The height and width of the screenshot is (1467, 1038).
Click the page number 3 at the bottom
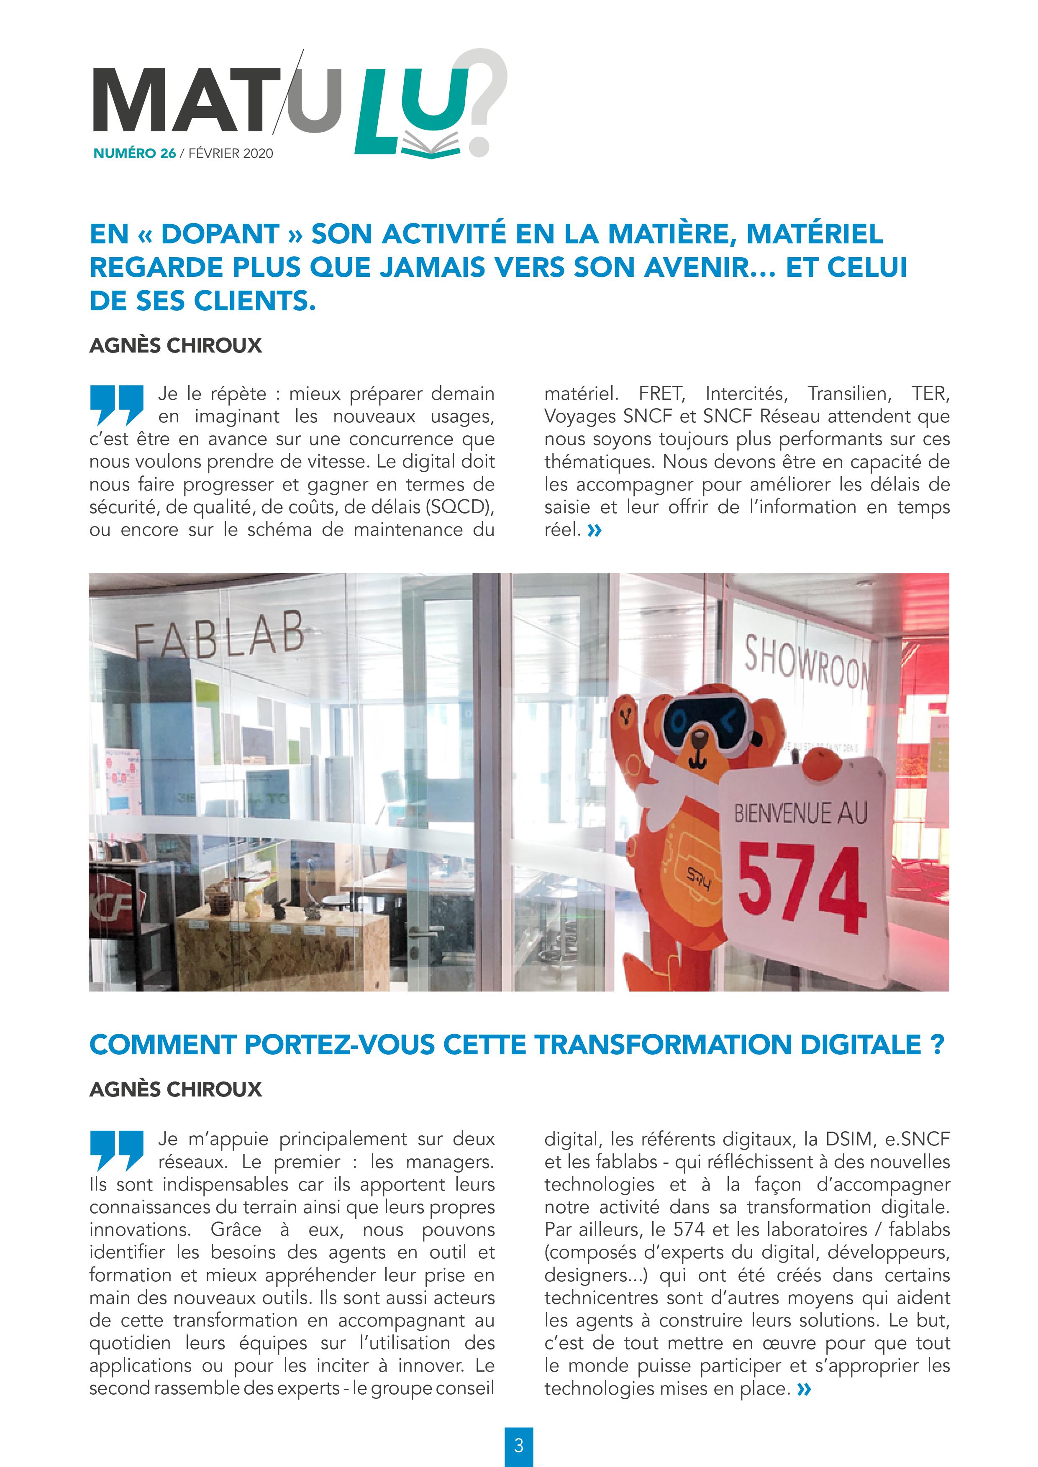coord(518,1445)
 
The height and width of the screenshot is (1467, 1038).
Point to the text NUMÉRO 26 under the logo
coord(134,153)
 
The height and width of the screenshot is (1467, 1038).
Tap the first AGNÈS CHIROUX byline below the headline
coord(176,346)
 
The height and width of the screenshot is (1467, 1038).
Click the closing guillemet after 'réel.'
coord(594,530)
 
